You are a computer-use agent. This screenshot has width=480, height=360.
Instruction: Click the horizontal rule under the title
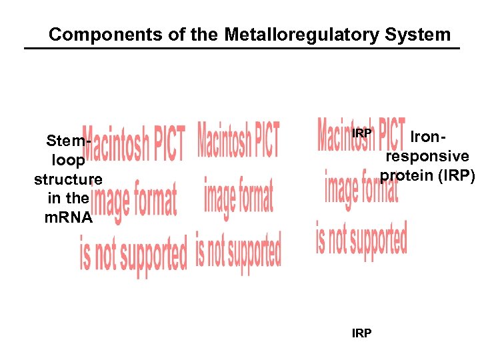pyautogui.click(x=241, y=49)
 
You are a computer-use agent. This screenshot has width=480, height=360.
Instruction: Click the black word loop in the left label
pyautogui.click(x=67, y=161)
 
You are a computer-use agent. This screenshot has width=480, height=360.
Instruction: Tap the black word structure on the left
pyautogui.click(x=68, y=179)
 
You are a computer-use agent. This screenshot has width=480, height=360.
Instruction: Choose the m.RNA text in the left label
pyautogui.click(x=68, y=217)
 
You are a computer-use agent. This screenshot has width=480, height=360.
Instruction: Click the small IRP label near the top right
pyautogui.click(x=361, y=133)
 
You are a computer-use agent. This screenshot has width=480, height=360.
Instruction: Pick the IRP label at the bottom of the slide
pyautogui.click(x=361, y=333)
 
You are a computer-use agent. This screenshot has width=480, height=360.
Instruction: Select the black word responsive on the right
pyautogui.click(x=427, y=156)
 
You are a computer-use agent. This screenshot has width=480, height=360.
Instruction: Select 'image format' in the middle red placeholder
pyautogui.click(x=238, y=195)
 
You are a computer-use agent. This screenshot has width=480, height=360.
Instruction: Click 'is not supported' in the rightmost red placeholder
pyautogui.click(x=361, y=239)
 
